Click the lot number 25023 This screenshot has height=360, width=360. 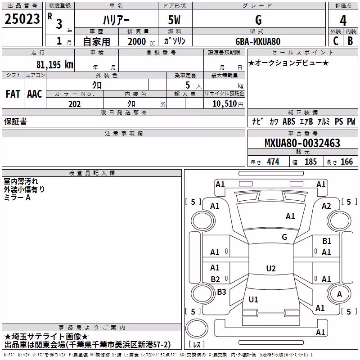[x=22, y=19]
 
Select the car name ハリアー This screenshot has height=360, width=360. [x=116, y=20]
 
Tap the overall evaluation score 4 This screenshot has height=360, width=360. [x=343, y=20]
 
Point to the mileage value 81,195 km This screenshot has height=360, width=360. [x=55, y=64]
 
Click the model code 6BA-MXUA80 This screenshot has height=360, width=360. [x=258, y=41]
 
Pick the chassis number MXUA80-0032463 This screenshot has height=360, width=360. [x=302, y=143]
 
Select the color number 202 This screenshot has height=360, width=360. [x=74, y=104]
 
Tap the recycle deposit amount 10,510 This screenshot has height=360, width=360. [x=225, y=104]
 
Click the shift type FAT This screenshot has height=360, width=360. [x=13, y=94]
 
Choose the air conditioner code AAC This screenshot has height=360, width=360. [x=35, y=94]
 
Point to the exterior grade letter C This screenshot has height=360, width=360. [x=336, y=41]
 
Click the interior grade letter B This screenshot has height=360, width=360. [x=350, y=41]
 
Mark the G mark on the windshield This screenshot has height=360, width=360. [x=284, y=237]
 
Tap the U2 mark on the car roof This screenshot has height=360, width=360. [x=271, y=268]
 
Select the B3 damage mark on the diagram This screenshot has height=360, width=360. [x=221, y=292]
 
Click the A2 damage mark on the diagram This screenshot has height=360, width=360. [x=326, y=206]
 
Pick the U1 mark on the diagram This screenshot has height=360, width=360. [x=253, y=299]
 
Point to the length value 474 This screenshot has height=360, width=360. [x=273, y=162]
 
